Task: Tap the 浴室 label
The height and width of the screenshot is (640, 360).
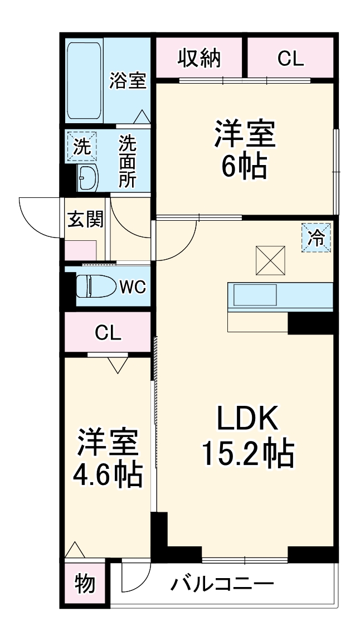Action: click(128, 81)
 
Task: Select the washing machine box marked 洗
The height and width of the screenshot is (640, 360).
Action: click(81, 147)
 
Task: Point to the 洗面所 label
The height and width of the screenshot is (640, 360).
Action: click(127, 162)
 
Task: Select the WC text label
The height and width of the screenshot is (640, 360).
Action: click(133, 287)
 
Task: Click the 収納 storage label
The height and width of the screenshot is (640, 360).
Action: click(199, 58)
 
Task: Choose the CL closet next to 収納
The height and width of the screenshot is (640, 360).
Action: click(290, 59)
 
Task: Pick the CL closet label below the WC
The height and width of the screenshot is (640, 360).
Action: click(108, 333)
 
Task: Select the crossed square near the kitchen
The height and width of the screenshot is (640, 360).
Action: click(270, 260)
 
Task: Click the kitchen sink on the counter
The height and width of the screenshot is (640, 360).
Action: click(255, 294)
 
